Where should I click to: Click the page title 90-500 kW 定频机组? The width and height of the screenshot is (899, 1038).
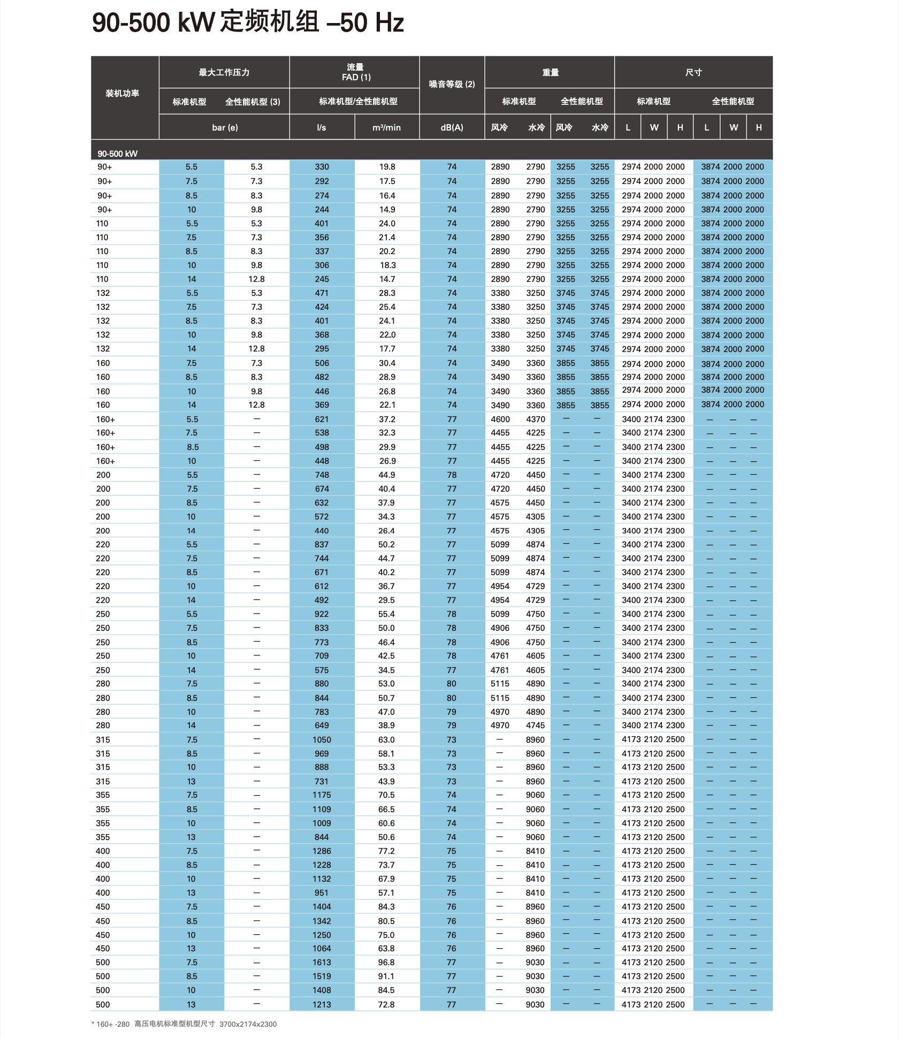coord(248,22)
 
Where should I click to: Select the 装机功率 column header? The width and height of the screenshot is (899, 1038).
coord(123,94)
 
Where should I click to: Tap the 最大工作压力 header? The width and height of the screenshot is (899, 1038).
coord(224,72)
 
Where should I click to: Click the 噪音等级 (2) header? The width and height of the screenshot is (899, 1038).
coord(452,84)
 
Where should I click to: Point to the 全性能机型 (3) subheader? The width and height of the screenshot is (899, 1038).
coord(253,102)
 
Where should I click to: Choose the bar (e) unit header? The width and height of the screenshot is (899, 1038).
coord(225,127)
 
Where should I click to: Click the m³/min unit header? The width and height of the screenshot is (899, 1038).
coord(386,127)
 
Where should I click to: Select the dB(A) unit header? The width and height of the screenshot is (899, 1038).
coord(452,127)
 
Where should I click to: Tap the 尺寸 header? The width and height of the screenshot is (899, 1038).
coord(693,72)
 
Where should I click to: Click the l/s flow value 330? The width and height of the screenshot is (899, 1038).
coord(322,167)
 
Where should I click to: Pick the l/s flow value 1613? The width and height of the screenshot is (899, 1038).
coord(322,963)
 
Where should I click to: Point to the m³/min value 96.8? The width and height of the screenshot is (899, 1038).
coord(386,963)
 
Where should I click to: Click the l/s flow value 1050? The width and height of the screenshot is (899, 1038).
coord(322,740)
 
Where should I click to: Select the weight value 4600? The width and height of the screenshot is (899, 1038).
coord(500,419)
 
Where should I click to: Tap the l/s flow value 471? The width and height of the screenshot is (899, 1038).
coord(322,293)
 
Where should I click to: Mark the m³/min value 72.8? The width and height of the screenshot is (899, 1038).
coord(386,1005)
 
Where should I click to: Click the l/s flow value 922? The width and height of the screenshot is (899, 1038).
coord(322,614)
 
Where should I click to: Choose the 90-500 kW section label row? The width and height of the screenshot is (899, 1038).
coord(118,154)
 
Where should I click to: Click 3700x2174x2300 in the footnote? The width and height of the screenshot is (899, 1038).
coord(248,1024)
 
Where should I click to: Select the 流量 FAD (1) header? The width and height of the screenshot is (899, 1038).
coord(355,72)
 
